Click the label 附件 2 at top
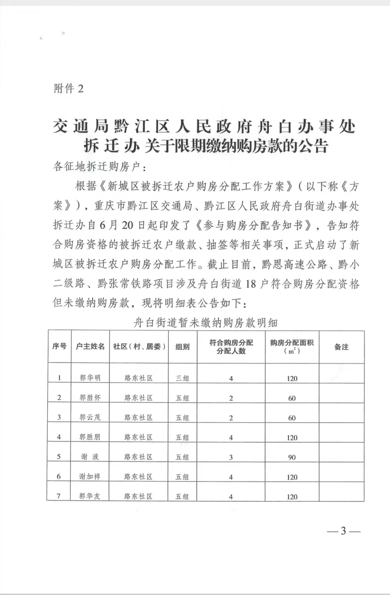pos(68,89)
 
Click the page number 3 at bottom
pos(343,531)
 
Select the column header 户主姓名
pos(90,346)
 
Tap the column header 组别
pos(182,346)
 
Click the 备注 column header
pos(341,347)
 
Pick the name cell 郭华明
pos(90,378)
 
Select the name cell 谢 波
pos(90,457)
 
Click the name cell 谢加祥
pos(90,476)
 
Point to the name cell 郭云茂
pos(90,417)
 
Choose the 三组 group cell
pos(182,378)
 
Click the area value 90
pos(292,457)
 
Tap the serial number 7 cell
pos(59,496)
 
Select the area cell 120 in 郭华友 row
pos(292,496)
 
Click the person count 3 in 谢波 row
pos(231,457)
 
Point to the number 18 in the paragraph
pos(250,284)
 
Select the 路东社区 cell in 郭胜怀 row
pos(138,398)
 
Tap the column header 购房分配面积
pos(292,342)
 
